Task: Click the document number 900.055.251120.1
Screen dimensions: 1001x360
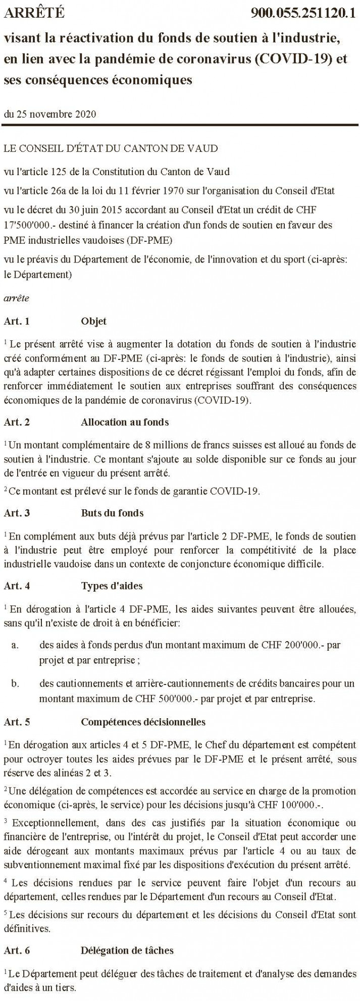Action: pos(303,13)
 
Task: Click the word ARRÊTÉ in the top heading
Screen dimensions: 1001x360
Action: pos(34,13)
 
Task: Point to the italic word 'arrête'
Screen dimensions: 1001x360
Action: pos(16,298)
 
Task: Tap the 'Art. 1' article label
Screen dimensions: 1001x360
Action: pos(17,321)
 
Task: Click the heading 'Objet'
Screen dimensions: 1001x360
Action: pos(93,321)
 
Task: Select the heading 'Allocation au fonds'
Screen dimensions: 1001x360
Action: pos(125,423)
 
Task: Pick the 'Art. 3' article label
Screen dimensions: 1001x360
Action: pos(17,513)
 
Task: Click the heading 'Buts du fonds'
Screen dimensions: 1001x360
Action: pos(112,513)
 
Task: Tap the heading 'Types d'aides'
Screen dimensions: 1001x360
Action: pos(112,586)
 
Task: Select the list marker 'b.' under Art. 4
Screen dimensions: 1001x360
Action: pos(16,684)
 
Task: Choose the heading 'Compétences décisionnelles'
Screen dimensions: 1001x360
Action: pos(143,722)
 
